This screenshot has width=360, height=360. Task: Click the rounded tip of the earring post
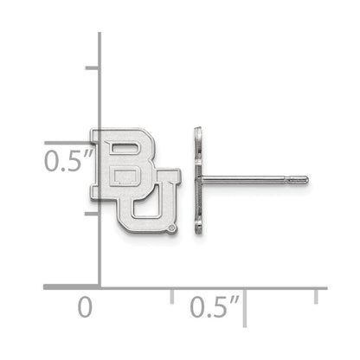(x=305, y=180)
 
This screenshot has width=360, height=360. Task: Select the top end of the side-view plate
(x=197, y=131)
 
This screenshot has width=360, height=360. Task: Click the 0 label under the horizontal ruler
(x=84, y=306)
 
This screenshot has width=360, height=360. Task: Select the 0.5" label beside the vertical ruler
(x=67, y=160)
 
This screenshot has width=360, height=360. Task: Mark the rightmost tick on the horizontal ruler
(x=316, y=295)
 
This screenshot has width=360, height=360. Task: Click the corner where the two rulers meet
(x=99, y=286)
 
